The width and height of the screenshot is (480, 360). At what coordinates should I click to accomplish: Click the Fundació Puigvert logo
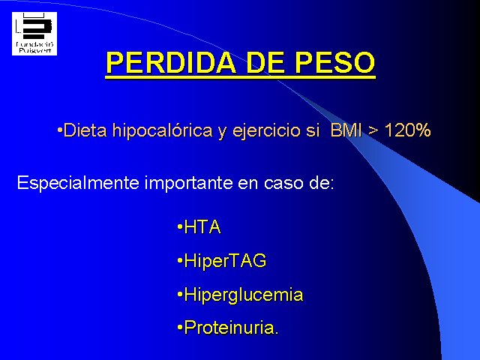pos(34,34)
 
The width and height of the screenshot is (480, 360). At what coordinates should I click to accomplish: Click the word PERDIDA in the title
pos(171,63)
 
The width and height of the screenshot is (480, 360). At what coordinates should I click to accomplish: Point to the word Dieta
pos(85,130)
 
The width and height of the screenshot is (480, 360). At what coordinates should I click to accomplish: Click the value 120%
pos(407,130)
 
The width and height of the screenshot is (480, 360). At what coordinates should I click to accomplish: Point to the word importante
pos(188,183)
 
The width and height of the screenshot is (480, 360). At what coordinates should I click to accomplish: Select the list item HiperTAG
pos(225,261)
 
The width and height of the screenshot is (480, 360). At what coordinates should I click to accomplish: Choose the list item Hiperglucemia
pos(244,295)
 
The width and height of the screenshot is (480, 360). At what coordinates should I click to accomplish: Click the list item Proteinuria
pos(231,327)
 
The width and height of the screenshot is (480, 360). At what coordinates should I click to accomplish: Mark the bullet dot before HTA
pos(180,227)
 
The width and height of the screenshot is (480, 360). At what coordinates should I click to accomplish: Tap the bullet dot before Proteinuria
pos(180,328)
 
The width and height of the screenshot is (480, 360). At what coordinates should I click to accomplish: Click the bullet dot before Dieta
pos(60,130)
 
